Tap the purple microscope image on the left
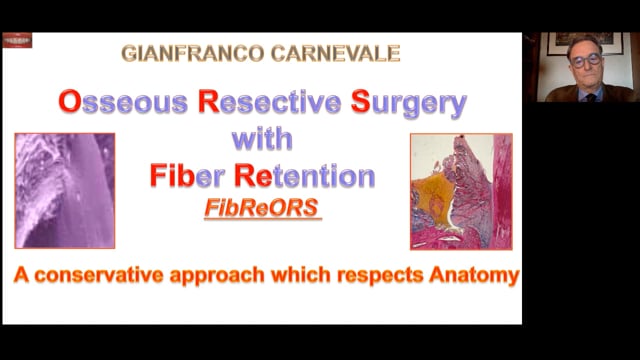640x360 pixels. click(64, 190)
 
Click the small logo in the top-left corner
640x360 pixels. click(17, 40)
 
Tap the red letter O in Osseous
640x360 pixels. click(69, 102)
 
